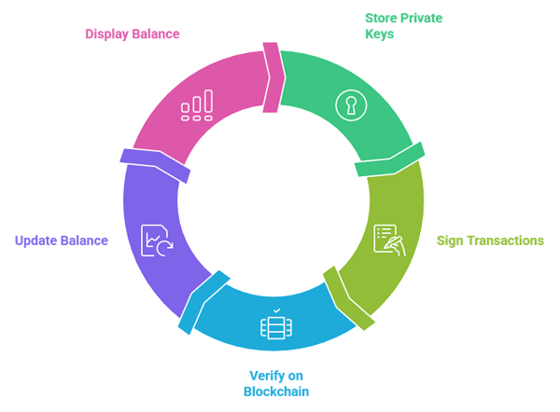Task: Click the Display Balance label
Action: pyautogui.click(x=133, y=34)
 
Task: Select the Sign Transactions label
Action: pyautogui.click(x=490, y=240)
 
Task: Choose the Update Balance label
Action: pyautogui.click(x=62, y=240)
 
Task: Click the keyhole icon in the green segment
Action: pyautogui.click(x=351, y=103)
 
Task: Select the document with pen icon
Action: pyautogui.click(x=388, y=239)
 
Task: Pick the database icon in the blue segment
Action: pyautogui.click(x=275, y=325)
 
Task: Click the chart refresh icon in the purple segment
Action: pyautogui.click(x=156, y=240)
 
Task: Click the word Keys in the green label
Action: pyautogui.click(x=378, y=34)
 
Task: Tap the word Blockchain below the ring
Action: pyautogui.click(x=275, y=391)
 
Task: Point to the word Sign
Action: pyautogui.click(x=449, y=240)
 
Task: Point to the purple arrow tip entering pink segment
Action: pyautogui.click(x=155, y=165)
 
